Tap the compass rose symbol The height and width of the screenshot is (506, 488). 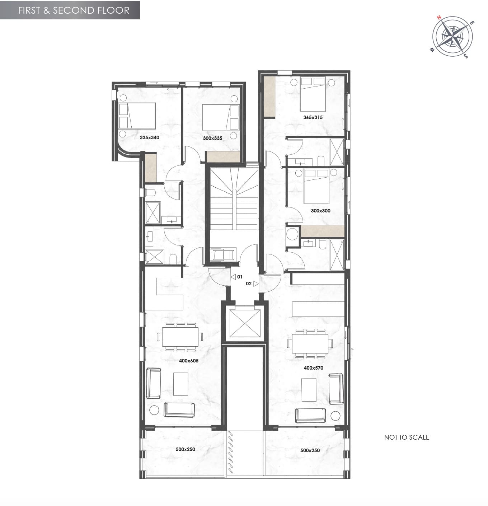point(452,36)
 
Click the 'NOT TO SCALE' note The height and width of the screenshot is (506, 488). point(406,437)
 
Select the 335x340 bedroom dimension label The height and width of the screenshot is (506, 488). point(149,137)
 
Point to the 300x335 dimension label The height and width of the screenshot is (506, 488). point(212,138)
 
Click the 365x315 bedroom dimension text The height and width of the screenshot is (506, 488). point(313,117)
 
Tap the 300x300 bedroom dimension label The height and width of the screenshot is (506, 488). point(320,211)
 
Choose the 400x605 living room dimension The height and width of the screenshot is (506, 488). point(188,361)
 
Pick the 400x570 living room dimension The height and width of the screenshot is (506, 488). point(313,368)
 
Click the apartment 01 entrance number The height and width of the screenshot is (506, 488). point(239,277)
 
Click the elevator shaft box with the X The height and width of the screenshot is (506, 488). point(245,323)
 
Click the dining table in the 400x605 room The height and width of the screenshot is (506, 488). point(180,337)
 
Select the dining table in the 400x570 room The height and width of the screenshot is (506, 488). point(310,343)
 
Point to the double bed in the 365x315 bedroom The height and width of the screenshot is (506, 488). point(313,94)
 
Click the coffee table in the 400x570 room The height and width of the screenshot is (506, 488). point(309,389)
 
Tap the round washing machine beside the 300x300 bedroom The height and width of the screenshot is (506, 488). point(292,234)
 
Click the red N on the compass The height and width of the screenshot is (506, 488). point(439,18)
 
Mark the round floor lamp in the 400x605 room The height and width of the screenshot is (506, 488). point(154,410)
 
